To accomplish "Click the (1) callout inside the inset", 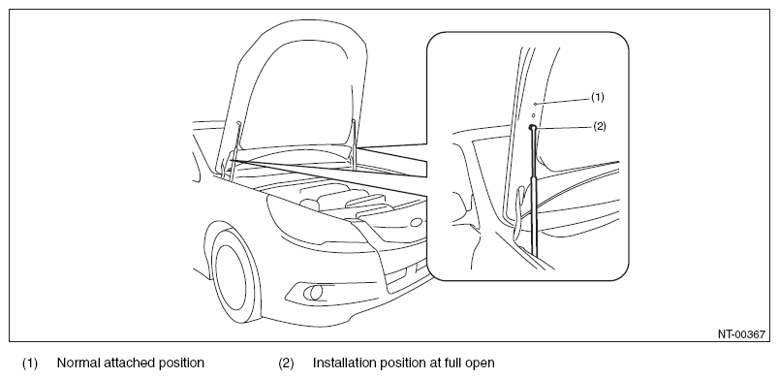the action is click(x=598, y=97).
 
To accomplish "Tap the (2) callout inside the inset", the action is click(x=600, y=126).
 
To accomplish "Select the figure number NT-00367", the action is click(x=741, y=334).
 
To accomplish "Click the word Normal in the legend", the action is click(x=78, y=363).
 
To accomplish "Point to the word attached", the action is click(x=125, y=363).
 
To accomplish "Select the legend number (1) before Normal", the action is click(x=29, y=363).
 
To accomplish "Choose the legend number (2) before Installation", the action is click(x=286, y=363).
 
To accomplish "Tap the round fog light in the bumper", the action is click(x=315, y=293).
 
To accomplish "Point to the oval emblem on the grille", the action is click(x=418, y=222).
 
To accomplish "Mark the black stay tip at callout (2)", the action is click(x=532, y=127).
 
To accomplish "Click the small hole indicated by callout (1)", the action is click(x=535, y=105).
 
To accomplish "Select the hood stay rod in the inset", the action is click(x=533, y=191).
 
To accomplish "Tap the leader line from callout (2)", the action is click(x=563, y=127).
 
